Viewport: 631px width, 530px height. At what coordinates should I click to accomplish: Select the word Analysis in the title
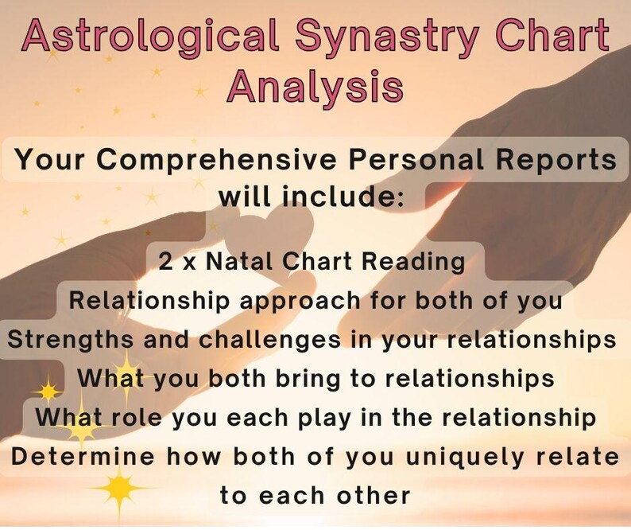click(315, 84)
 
